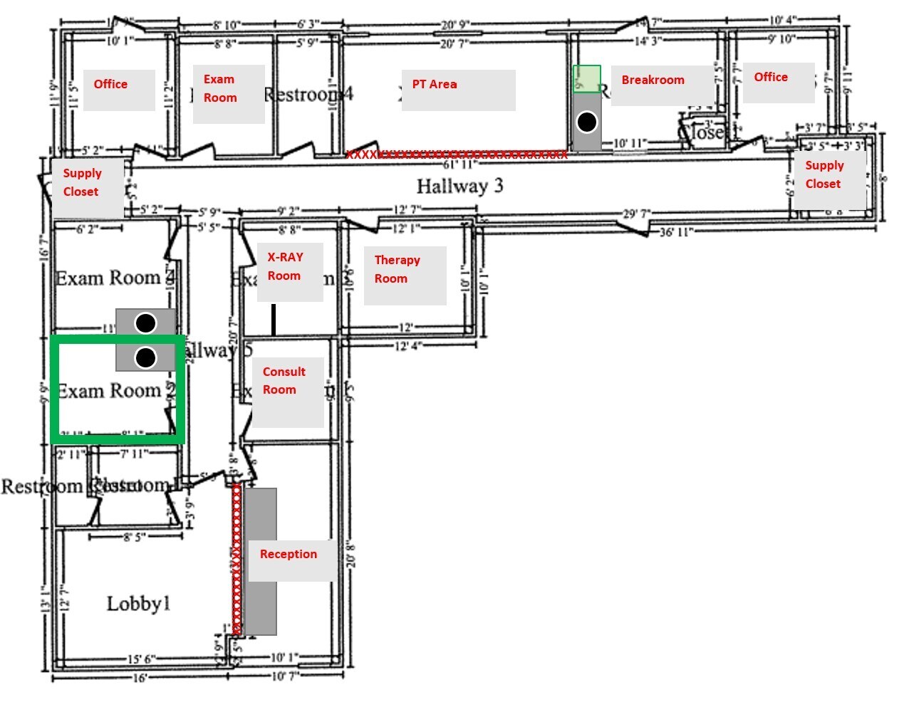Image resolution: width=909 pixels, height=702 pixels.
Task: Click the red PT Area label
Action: pos(434,84)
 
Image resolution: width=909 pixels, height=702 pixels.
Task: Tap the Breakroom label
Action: pos(653,80)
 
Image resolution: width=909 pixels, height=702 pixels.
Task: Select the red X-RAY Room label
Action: pos(285,266)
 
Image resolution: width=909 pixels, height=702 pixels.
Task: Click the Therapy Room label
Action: pos(397,269)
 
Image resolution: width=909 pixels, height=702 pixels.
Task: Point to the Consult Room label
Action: pos(284,380)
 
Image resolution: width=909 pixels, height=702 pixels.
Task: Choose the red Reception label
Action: pos(288,554)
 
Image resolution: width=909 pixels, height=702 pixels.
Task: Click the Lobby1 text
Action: pos(138,604)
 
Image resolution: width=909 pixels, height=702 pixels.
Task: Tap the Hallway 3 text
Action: pos(459,186)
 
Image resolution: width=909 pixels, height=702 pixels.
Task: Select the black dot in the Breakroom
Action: pos(586,122)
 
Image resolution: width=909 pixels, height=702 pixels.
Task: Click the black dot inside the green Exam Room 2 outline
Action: pos(145,357)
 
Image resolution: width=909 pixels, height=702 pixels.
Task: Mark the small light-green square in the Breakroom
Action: pos(587,78)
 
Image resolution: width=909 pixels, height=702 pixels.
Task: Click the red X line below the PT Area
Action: pos(457,154)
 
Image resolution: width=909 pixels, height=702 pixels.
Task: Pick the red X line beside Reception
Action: pos(237,560)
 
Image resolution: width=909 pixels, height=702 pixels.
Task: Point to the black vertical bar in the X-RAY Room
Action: pos(274,320)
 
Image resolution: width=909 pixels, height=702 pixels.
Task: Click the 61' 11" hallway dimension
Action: pos(459,165)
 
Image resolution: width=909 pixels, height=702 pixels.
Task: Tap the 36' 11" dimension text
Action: pos(675,232)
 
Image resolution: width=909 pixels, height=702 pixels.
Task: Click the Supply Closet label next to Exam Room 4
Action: pos(81,182)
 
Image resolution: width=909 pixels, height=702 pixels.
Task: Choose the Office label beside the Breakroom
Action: pos(771,77)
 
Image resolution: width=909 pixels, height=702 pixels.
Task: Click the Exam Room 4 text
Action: pos(114,278)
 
